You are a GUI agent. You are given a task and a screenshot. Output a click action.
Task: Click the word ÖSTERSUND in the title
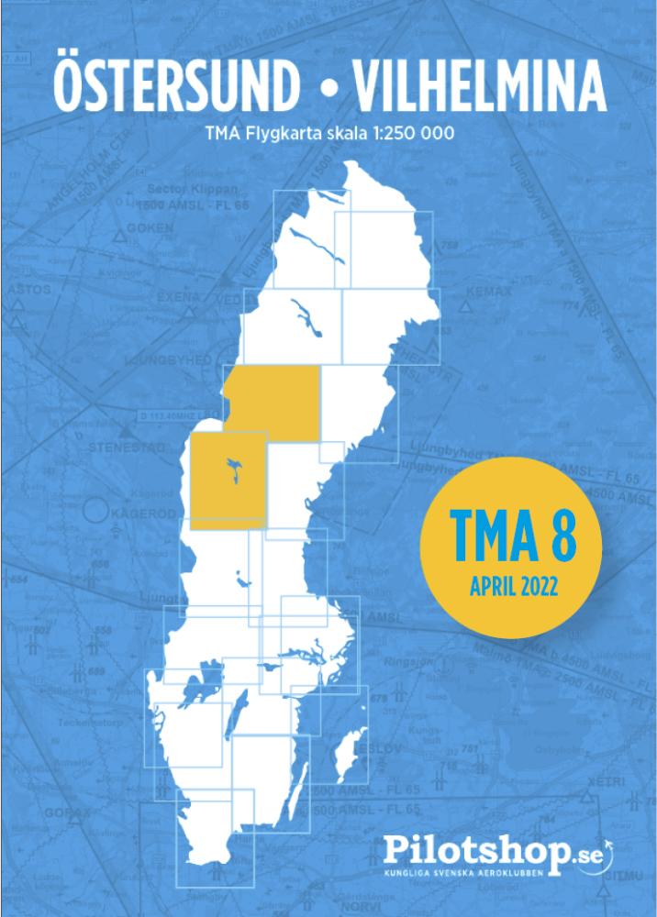[x=176, y=87]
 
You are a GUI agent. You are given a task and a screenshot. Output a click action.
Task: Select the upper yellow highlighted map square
[x=273, y=403]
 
